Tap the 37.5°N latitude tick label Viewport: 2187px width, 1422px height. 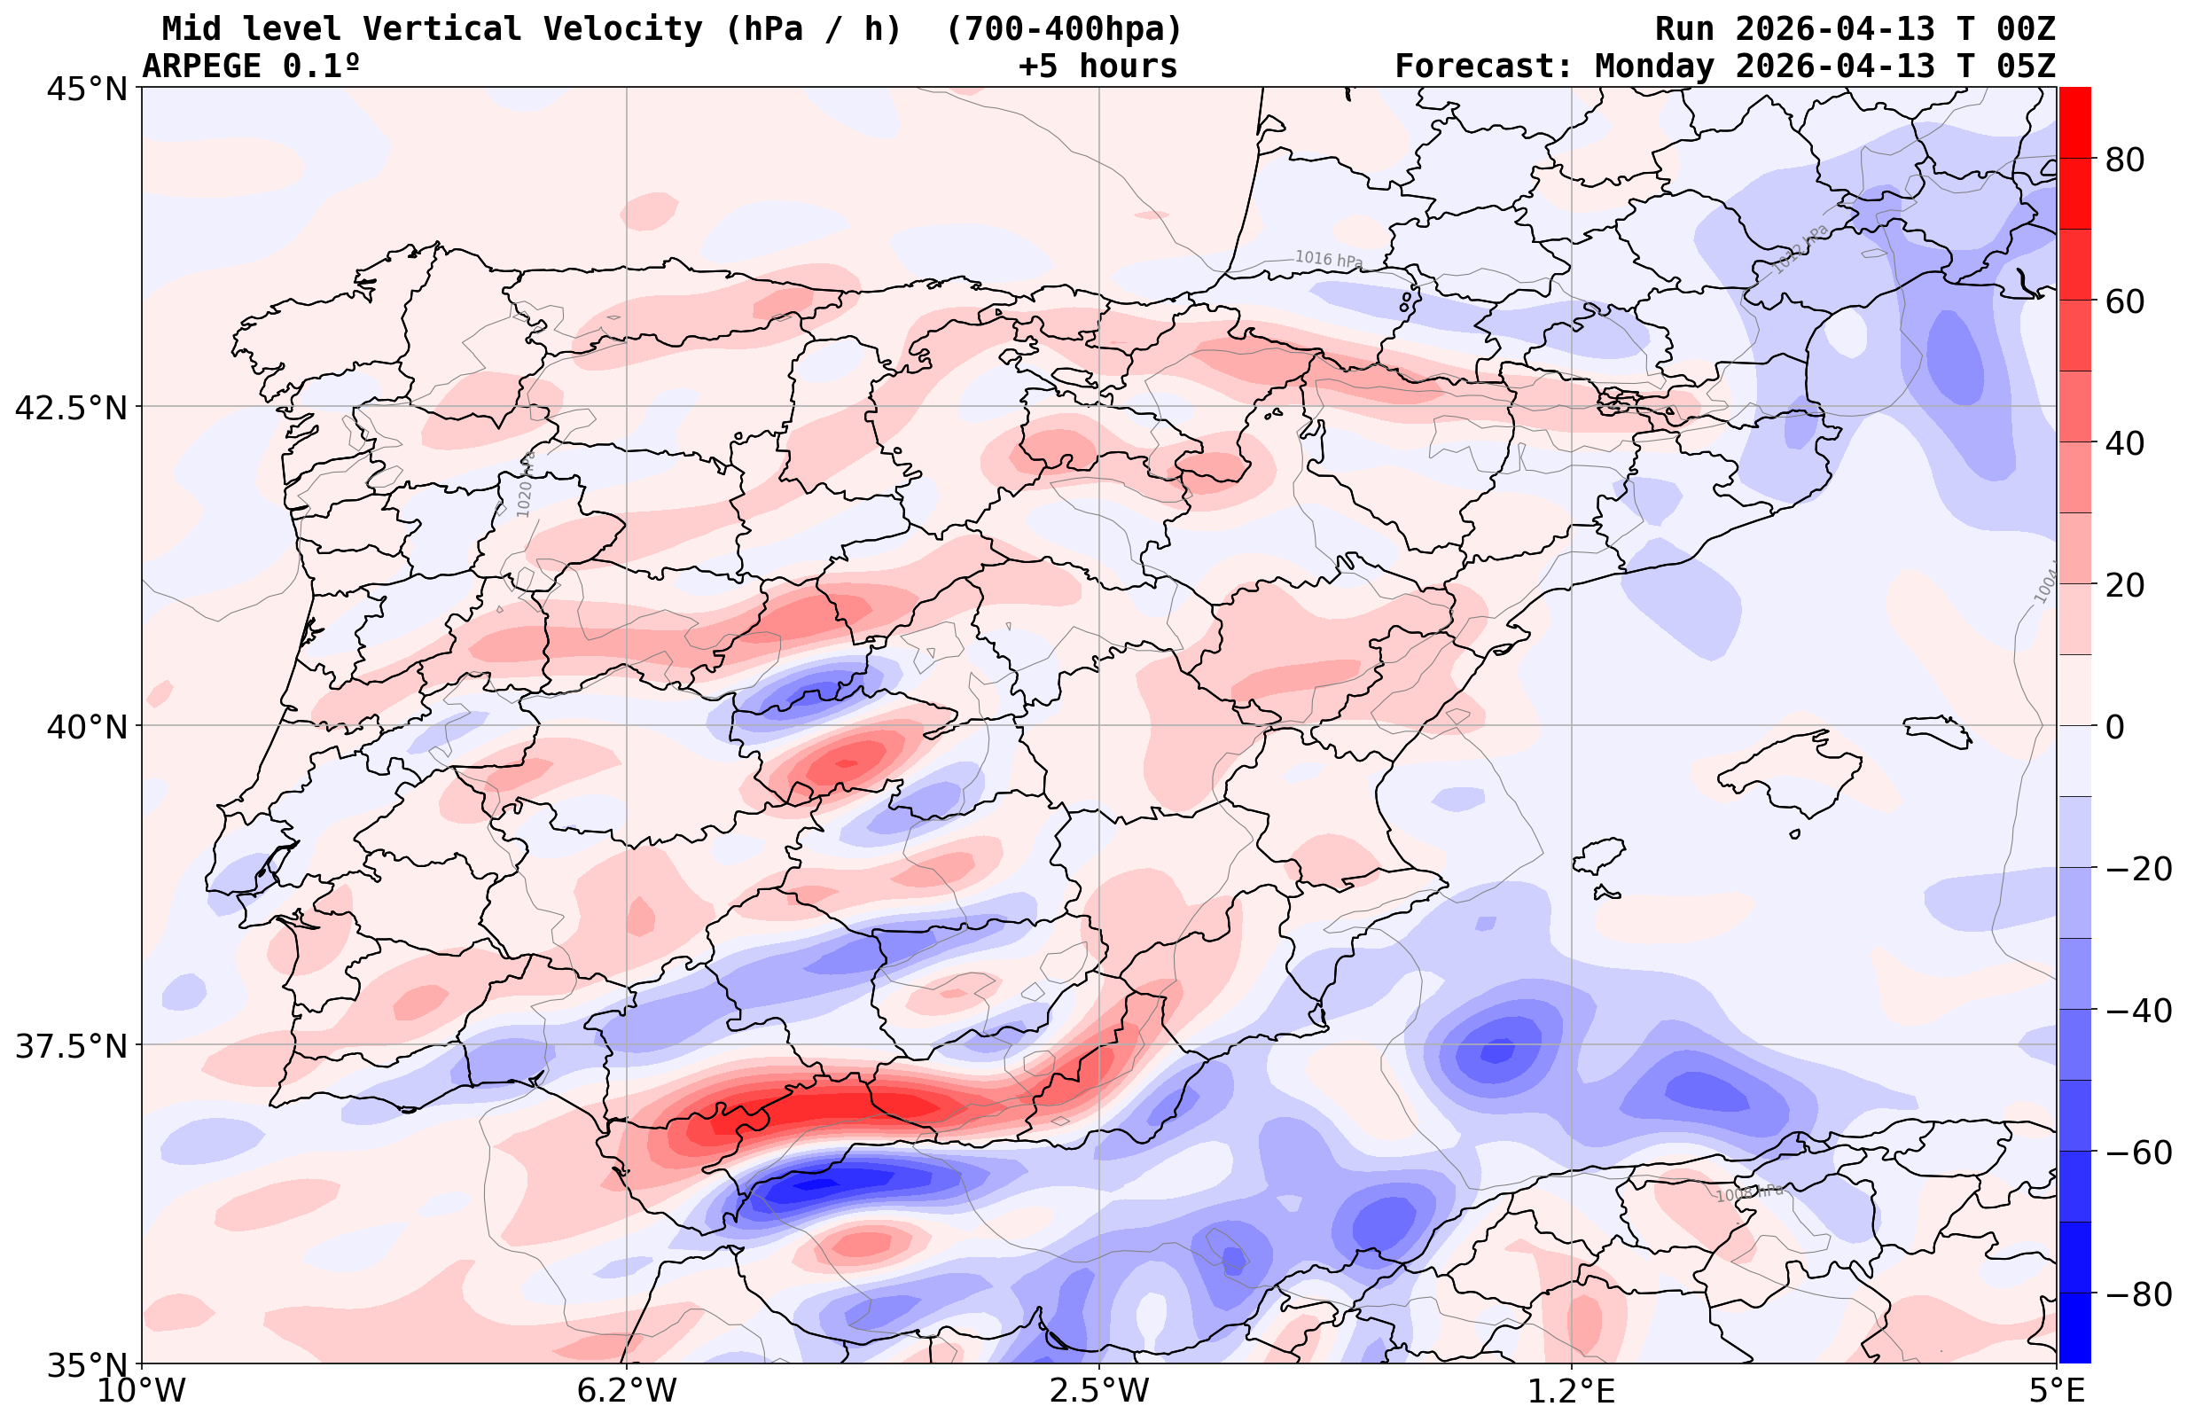[x=71, y=1047]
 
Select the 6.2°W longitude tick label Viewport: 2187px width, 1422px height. [x=627, y=1391]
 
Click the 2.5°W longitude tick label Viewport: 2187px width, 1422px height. [x=1099, y=1391]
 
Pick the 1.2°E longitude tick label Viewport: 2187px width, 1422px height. [x=1572, y=1391]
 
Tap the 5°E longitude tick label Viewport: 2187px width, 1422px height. [x=2055, y=1391]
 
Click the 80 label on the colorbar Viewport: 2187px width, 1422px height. [x=2125, y=160]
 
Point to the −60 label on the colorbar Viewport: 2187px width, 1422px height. [x=2137, y=1152]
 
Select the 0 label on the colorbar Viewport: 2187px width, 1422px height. [x=2114, y=727]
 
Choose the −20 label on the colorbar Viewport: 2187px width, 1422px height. [x=2137, y=869]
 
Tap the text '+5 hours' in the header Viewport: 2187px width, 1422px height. [x=1097, y=66]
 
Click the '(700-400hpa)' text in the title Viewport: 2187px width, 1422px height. [x=1063, y=29]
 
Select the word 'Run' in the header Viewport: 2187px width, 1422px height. [x=1684, y=29]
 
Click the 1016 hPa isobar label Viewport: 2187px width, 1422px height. [x=1329, y=260]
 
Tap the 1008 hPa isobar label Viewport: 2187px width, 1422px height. [x=1749, y=1193]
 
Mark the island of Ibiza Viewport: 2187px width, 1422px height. [x=1599, y=855]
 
